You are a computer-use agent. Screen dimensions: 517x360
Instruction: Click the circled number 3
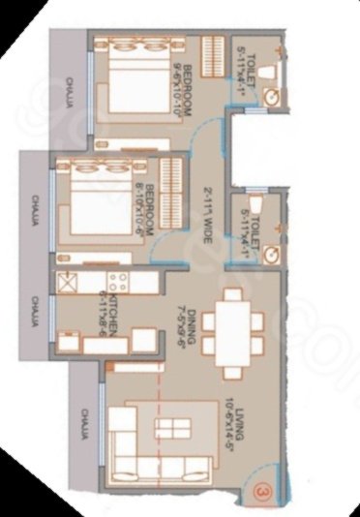coord(261,491)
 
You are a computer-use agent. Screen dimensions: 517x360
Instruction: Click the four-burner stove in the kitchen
coord(117,283)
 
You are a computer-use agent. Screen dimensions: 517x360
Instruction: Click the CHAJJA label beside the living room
coord(85,426)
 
